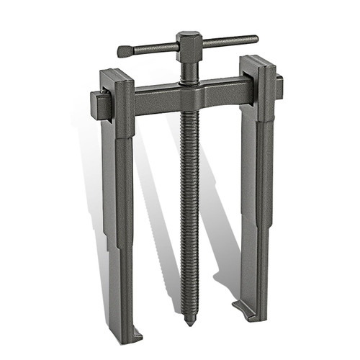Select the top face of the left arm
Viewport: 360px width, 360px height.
(x=115, y=74)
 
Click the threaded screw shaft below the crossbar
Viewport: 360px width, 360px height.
(x=190, y=202)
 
